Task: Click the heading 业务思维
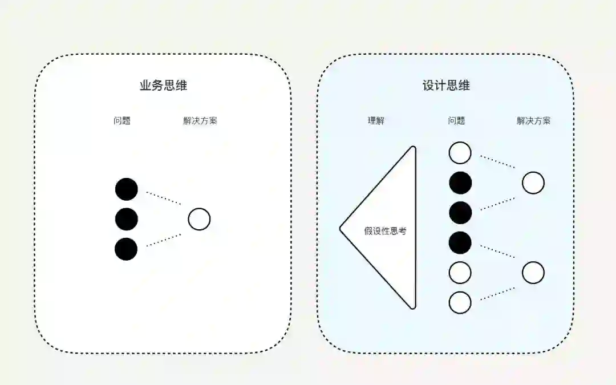(163, 86)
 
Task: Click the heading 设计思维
(446, 86)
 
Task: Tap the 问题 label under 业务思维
(122, 121)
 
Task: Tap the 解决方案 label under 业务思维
(200, 121)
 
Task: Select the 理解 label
(376, 121)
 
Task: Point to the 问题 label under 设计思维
(456, 121)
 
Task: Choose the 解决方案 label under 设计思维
(534, 121)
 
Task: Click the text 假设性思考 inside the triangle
(385, 232)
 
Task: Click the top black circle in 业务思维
(126, 189)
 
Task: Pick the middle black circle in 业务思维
(126, 219)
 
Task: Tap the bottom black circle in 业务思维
(126, 249)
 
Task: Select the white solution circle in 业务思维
(199, 219)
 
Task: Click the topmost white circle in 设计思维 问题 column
(460, 153)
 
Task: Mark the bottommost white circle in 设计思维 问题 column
(460, 302)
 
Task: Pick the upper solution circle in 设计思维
(533, 183)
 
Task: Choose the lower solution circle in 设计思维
(533, 273)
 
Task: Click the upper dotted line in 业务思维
(164, 198)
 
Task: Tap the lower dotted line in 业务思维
(164, 240)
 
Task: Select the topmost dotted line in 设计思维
(497, 161)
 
